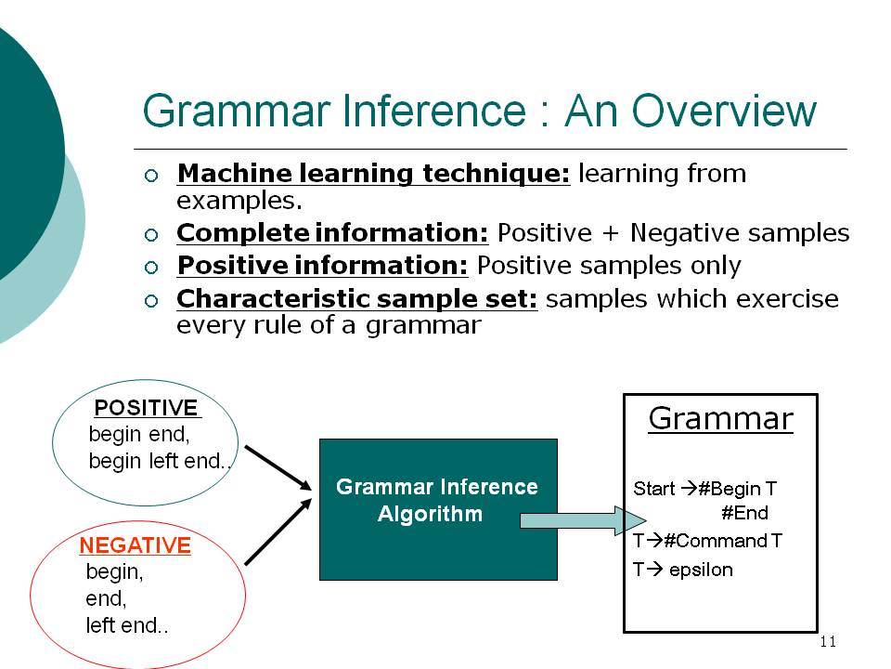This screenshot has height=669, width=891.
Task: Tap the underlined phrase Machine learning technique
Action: tap(373, 174)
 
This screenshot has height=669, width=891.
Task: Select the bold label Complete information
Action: tap(332, 232)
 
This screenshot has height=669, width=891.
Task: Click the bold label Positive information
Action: tap(323, 266)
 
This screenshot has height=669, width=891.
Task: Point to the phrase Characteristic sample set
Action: tap(356, 298)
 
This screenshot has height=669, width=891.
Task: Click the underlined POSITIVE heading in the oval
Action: tap(147, 408)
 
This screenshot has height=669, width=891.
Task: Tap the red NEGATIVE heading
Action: tap(136, 545)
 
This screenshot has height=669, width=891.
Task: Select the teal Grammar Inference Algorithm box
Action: tap(438, 509)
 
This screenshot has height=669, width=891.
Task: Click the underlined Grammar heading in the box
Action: tap(720, 419)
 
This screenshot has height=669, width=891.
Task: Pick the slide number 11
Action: tap(828, 642)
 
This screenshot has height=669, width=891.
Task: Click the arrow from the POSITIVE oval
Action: tap(278, 467)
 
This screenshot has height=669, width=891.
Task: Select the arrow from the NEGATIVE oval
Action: tap(278, 531)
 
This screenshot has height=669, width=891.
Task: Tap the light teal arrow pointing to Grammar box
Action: tap(583, 520)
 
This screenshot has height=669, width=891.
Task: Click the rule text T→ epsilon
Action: tap(682, 570)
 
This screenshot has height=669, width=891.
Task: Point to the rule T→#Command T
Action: tap(707, 540)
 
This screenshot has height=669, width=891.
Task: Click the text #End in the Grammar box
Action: tap(744, 513)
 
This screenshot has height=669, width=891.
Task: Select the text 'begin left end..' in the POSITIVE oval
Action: tap(160, 461)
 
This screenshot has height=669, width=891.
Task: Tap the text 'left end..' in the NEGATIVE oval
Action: tap(127, 625)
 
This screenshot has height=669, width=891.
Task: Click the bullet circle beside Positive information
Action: tap(151, 268)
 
